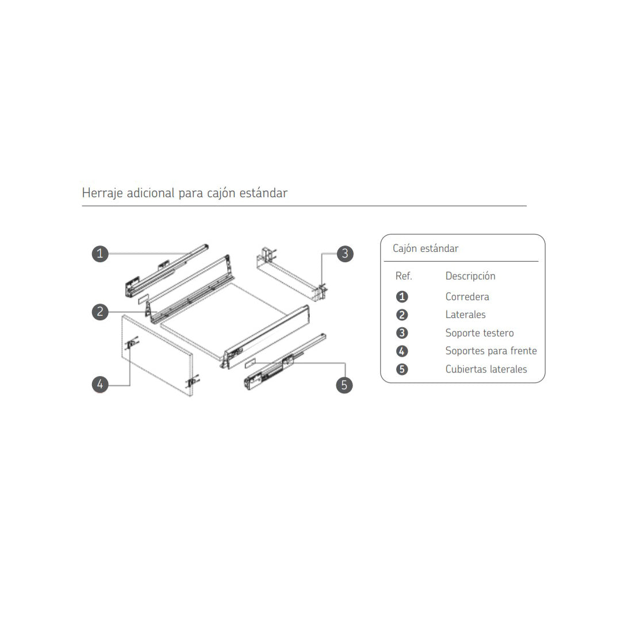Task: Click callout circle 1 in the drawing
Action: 100,254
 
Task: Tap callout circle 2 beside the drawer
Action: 100,312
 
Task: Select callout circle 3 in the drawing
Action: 345,254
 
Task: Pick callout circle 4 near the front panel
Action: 100,384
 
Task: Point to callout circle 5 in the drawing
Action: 344,385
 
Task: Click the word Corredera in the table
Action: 467,297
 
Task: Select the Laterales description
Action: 465,315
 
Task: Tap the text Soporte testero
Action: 479,333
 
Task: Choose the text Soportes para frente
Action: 491,351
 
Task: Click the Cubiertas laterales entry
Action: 486,369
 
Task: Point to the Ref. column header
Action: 404,275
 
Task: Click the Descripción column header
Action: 470,276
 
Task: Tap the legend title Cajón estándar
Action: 425,249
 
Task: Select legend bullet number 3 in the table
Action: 401,333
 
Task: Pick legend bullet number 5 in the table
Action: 401,369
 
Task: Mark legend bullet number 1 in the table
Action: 401,297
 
